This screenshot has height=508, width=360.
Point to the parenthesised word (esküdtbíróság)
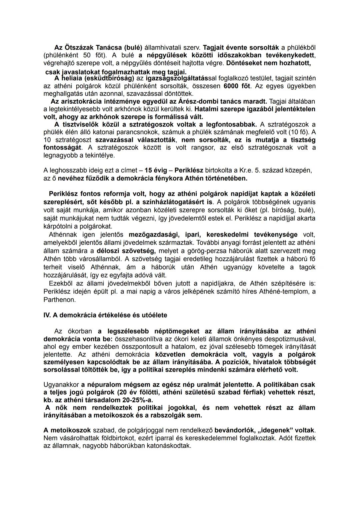pos(109,78)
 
